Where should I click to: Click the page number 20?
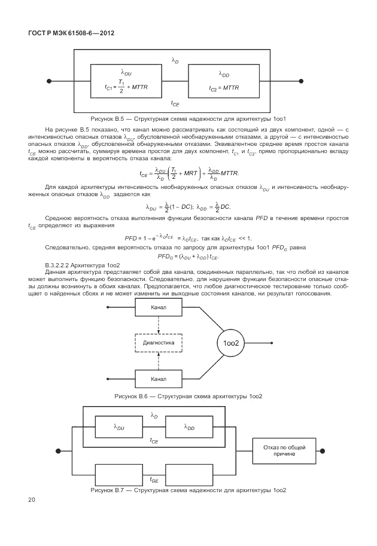32,499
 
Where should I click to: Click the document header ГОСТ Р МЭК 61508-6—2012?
71,33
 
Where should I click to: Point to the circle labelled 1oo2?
231,343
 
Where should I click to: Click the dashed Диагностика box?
159,343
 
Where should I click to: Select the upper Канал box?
159,307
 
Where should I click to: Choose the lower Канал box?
159,379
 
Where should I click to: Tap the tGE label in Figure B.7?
154,480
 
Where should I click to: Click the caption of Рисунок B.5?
188,119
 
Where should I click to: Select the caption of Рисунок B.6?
188,396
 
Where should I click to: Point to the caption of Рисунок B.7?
188,490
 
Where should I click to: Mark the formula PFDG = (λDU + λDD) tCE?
188,257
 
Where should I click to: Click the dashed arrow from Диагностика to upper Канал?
159,325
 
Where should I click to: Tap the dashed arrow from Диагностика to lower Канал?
159,361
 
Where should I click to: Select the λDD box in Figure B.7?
189,427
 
